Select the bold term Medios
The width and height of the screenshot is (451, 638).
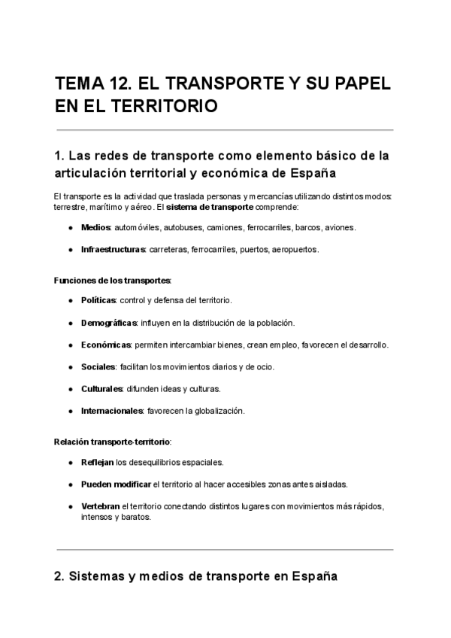click(x=95, y=227)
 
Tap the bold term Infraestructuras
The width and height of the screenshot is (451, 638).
click(x=113, y=249)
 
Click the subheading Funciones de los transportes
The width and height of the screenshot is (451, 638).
click(x=113, y=280)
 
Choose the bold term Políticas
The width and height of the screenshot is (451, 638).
click(x=98, y=300)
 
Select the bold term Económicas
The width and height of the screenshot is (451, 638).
click(x=106, y=345)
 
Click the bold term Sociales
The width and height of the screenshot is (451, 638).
click(x=98, y=367)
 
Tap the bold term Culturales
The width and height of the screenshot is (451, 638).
click(x=102, y=389)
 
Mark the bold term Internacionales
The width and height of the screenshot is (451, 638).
click(x=112, y=411)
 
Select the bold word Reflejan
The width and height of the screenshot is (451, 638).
click(x=97, y=462)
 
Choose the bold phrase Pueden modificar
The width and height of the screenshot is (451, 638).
click(x=116, y=484)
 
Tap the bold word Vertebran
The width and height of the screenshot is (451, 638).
click(x=100, y=506)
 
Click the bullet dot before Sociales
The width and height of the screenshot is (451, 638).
click(x=70, y=367)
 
